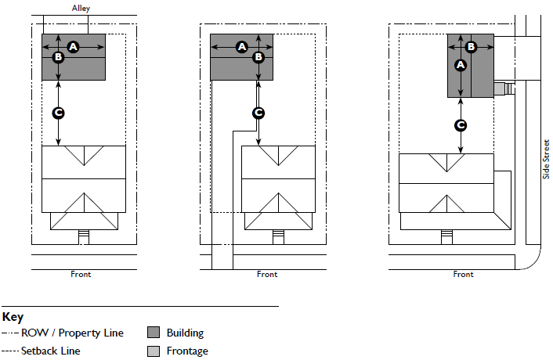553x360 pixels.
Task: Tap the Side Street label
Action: click(x=546, y=158)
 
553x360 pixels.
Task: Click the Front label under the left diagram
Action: click(x=81, y=275)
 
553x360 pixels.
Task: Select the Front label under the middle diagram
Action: click(x=267, y=275)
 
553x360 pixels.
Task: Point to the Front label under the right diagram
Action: click(x=463, y=275)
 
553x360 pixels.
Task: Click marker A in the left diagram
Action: click(x=74, y=47)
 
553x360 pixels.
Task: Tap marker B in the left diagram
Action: click(x=58, y=57)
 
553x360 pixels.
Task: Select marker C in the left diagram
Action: click(x=58, y=113)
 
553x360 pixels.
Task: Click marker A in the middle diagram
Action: click(x=242, y=47)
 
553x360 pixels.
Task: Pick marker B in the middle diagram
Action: click(x=258, y=57)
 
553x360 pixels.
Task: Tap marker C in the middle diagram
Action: click(x=258, y=113)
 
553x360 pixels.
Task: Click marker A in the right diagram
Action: click(x=461, y=65)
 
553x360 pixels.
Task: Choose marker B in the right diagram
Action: click(x=472, y=47)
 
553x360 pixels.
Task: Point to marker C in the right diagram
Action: click(x=461, y=124)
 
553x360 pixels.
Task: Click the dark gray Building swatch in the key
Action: click(x=154, y=333)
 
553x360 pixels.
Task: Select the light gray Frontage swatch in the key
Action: click(x=154, y=351)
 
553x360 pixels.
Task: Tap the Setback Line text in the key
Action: click(x=50, y=351)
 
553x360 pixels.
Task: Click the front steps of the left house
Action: click(x=83, y=236)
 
